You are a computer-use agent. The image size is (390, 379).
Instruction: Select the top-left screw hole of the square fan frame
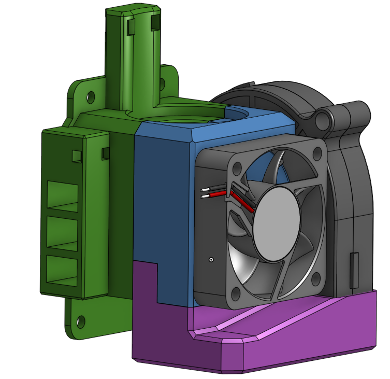point(237,169)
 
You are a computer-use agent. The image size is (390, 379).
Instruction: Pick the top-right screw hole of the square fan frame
point(315,155)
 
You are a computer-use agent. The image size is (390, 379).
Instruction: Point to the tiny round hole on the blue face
point(211,258)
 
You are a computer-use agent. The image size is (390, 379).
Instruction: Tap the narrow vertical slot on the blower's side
point(354,270)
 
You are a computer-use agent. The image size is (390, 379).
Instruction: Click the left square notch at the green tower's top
point(131,25)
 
